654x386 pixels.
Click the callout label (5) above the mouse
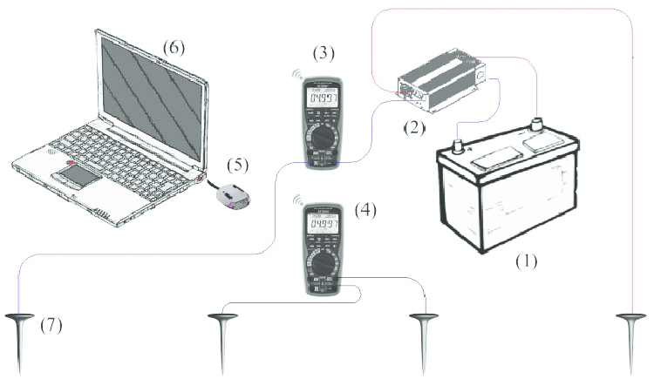(237, 165)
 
